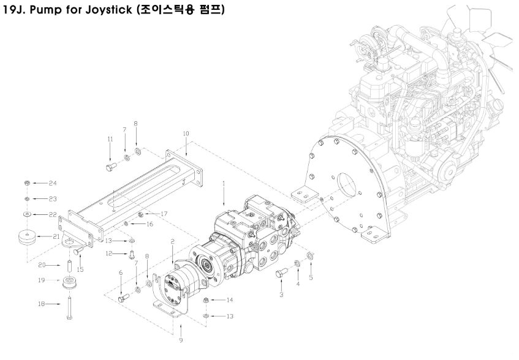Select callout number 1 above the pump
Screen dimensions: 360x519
pyautogui.click(x=224, y=183)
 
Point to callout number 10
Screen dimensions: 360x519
pyautogui.click(x=186, y=133)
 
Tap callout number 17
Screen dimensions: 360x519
pyautogui.click(x=164, y=213)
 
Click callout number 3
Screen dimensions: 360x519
pyautogui.click(x=281, y=294)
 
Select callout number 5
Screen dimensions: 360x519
pyautogui.click(x=310, y=277)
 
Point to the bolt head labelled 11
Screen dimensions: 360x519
pyautogui.click(x=111, y=165)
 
